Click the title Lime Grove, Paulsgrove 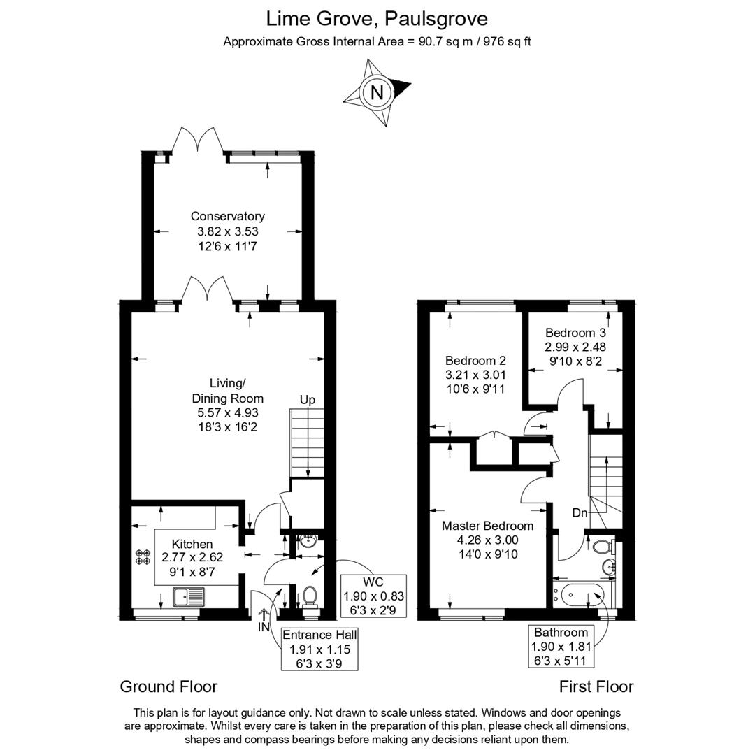[377, 17]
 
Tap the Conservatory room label [227, 217]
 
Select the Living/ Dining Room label [227, 391]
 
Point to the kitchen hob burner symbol [143, 556]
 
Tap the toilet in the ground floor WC [310, 596]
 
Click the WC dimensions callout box [373, 596]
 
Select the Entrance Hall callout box [319, 648]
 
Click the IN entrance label [264, 627]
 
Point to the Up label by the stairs [308, 400]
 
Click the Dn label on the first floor [580, 513]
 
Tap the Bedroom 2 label [475, 361]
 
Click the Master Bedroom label [487, 526]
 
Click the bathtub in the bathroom [582, 596]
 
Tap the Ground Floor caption [168, 686]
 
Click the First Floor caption [596, 686]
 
